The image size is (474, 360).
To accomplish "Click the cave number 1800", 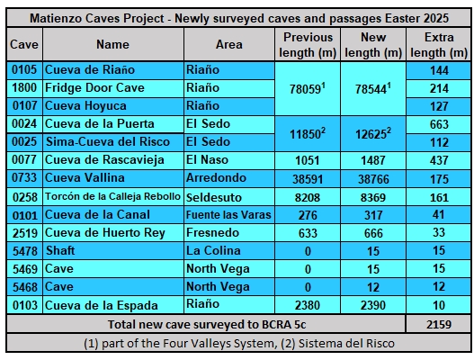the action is pyautogui.click(x=24, y=88).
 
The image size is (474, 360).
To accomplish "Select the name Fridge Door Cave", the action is pyautogui.click(x=94, y=88).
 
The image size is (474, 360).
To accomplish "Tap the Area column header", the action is pyautogui.click(x=228, y=44).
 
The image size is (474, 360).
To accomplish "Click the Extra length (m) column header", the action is pyautogui.click(x=439, y=45).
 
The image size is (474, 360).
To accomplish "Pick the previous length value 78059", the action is pyautogui.click(x=307, y=88).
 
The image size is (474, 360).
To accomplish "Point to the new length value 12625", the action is pyautogui.click(x=373, y=133).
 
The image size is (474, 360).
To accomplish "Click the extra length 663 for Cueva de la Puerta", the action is pyautogui.click(x=439, y=124).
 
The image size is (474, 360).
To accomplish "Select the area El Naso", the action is pyautogui.click(x=207, y=159).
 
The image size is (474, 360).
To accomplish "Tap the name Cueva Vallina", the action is pyautogui.click(x=85, y=178).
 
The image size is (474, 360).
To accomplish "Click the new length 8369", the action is pyautogui.click(x=373, y=197).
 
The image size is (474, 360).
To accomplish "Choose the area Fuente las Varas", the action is pyautogui.click(x=228, y=215).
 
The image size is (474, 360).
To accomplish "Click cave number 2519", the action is pyautogui.click(x=25, y=233).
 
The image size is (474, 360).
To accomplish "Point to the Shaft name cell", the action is pyautogui.click(x=60, y=250).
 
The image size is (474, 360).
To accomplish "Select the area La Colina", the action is pyautogui.click(x=213, y=250).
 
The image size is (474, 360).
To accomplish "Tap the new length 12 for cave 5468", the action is pyautogui.click(x=373, y=287).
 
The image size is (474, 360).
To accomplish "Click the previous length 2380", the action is pyautogui.click(x=307, y=305).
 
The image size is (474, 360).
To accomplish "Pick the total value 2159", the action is pyautogui.click(x=439, y=324).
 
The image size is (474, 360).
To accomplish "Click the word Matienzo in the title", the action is pyautogui.click(x=56, y=19).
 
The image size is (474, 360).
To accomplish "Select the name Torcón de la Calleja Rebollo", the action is pyautogui.click(x=112, y=196).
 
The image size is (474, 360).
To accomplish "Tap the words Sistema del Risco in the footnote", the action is pyautogui.click(x=346, y=344).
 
